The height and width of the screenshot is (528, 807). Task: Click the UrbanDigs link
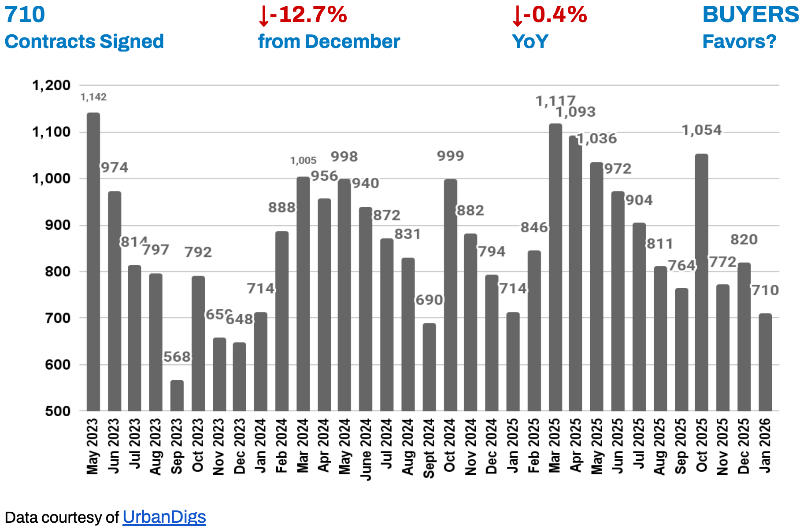[x=164, y=517]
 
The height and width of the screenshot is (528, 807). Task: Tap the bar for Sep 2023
[x=177, y=396]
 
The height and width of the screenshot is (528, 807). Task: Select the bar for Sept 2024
[x=429, y=367]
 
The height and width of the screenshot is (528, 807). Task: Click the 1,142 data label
[x=93, y=97]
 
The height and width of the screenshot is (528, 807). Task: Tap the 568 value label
[x=177, y=356]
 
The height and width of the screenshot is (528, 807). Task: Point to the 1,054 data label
[x=702, y=130]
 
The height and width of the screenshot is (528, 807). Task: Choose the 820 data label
[x=744, y=239]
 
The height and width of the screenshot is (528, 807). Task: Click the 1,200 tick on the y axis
[x=52, y=85]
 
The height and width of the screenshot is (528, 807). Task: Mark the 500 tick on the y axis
[x=58, y=411]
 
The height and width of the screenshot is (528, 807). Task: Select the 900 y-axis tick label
[x=58, y=225]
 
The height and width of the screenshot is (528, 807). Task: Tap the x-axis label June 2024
[x=366, y=448]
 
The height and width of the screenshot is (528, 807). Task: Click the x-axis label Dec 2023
[x=240, y=446]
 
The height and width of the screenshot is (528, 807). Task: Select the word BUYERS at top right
[x=751, y=15]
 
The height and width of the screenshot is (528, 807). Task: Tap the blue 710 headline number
[x=25, y=15]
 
